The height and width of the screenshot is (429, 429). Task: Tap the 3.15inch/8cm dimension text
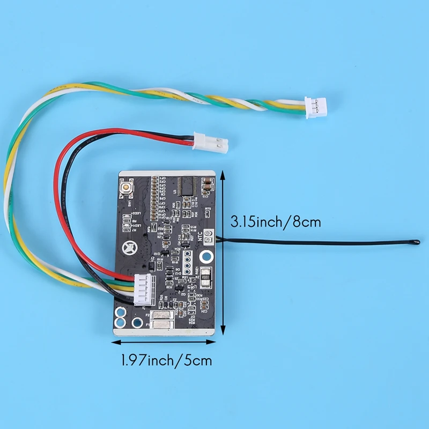click(276, 220)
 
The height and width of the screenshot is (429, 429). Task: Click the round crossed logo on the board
click(130, 248)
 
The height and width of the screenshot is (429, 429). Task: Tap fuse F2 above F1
click(160, 316)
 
